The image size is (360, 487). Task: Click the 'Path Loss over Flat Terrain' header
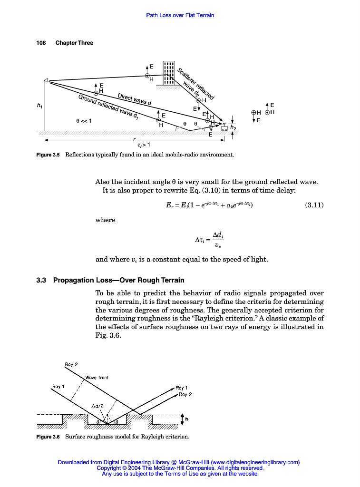[180, 15]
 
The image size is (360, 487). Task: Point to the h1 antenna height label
[39, 106]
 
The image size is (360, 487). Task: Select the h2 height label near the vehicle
[233, 127]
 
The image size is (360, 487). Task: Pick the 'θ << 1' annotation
[84, 121]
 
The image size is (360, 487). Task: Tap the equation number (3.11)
[314, 205]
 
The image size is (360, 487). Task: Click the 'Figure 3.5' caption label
[48, 155]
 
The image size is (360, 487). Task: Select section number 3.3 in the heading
[42, 280]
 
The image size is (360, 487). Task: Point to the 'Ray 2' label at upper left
[71, 365]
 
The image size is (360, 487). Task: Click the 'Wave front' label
[97, 378]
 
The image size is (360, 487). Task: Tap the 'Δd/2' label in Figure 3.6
[98, 406]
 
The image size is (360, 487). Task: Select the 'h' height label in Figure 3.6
[186, 419]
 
